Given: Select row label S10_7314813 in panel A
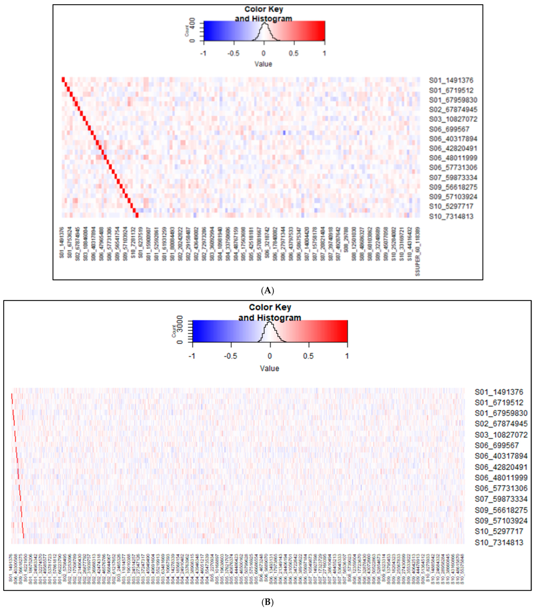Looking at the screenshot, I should [451, 216].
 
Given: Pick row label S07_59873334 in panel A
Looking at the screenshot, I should [453, 178].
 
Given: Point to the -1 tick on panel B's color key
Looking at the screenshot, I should [192, 356].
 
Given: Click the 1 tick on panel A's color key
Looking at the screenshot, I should [324, 53].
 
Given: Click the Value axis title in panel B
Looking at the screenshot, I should [269, 368].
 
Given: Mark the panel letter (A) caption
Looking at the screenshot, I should [267, 290].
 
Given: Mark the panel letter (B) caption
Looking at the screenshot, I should [267, 602].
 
